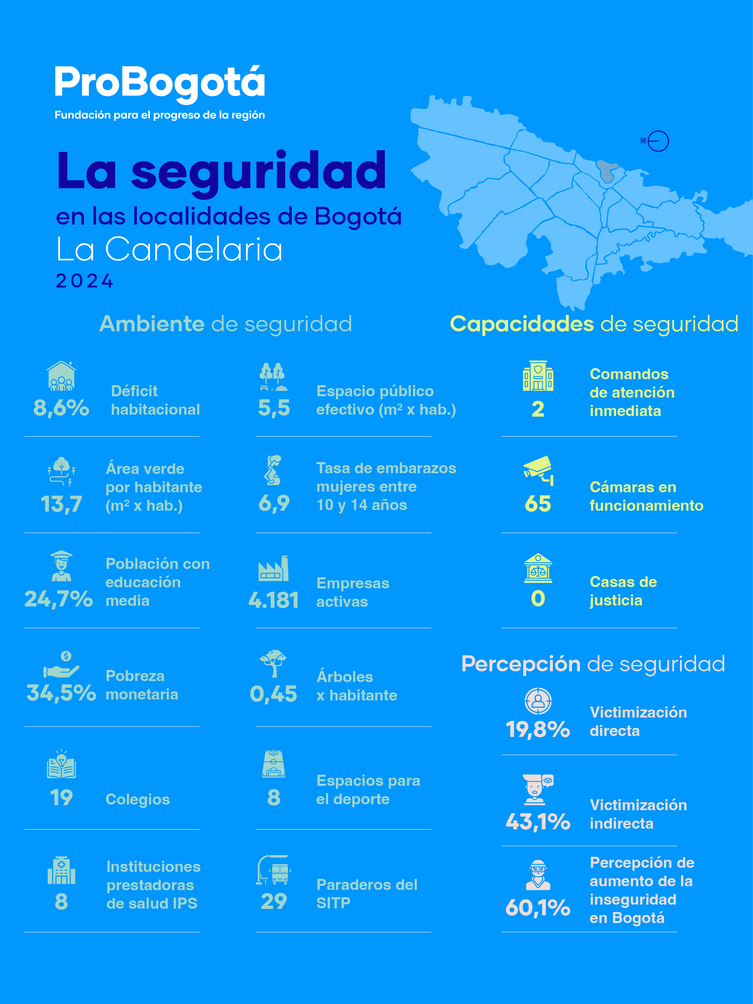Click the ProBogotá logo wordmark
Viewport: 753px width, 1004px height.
pyautogui.click(x=159, y=83)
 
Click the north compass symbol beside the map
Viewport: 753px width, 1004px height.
pyautogui.click(x=656, y=141)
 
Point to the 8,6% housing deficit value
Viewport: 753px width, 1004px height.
pyautogui.click(x=61, y=408)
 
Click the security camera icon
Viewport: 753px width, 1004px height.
pyautogui.click(x=538, y=471)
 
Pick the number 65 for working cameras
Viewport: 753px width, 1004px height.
pyautogui.click(x=538, y=504)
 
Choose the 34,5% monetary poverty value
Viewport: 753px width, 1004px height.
pyautogui.click(x=61, y=693)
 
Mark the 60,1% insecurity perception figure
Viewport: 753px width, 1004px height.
pyautogui.click(x=538, y=908)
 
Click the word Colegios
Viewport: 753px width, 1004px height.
pyautogui.click(x=138, y=799)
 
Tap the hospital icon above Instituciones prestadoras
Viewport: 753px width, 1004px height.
pyautogui.click(x=61, y=870)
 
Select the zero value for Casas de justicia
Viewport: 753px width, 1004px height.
pyautogui.click(x=538, y=599)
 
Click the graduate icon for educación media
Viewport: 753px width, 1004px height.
pyautogui.click(x=61, y=566)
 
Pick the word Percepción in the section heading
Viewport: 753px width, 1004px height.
pyautogui.click(x=521, y=664)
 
